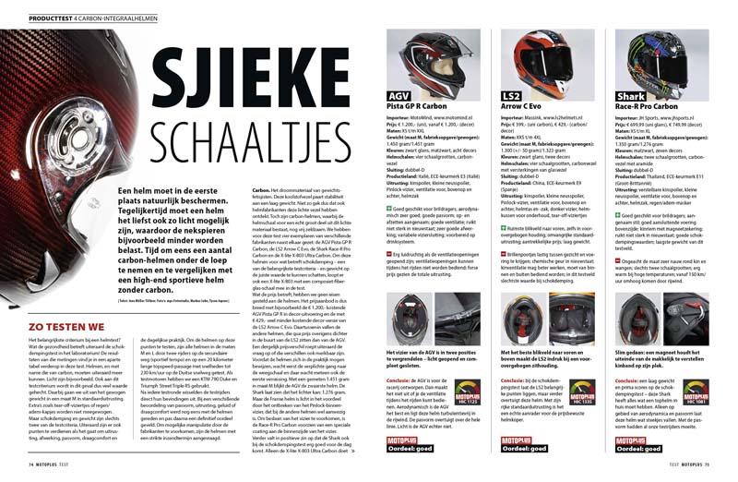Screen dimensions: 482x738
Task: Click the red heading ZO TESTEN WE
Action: pos(55,276)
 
